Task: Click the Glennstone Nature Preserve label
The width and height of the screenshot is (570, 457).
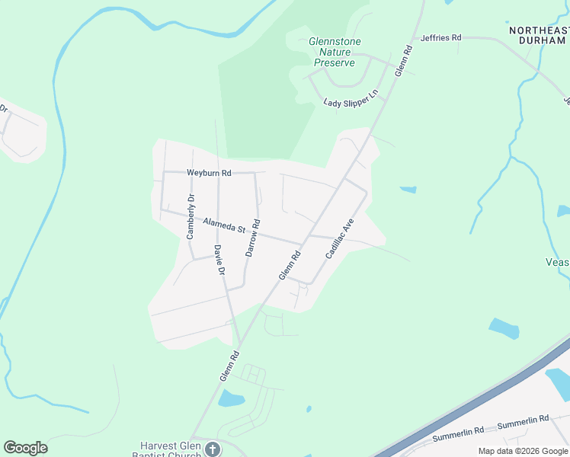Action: (x=335, y=52)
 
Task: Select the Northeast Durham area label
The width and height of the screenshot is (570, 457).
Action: (x=539, y=35)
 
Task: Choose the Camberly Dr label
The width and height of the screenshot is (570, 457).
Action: (x=191, y=217)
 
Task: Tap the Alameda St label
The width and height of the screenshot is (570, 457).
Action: (x=223, y=225)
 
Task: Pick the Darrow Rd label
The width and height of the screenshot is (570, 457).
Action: (x=253, y=238)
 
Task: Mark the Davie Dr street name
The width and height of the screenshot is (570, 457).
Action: (x=219, y=260)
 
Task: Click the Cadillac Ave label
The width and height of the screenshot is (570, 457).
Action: (x=340, y=238)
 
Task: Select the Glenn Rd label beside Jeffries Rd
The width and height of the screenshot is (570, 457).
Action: (x=403, y=60)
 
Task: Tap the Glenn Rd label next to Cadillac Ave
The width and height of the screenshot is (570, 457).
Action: (x=290, y=265)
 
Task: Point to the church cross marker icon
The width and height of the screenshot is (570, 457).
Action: (x=213, y=449)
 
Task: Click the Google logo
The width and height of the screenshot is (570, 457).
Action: (x=25, y=448)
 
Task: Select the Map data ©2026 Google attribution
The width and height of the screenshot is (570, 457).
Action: (x=522, y=451)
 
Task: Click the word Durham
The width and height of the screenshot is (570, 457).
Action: (x=540, y=40)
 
